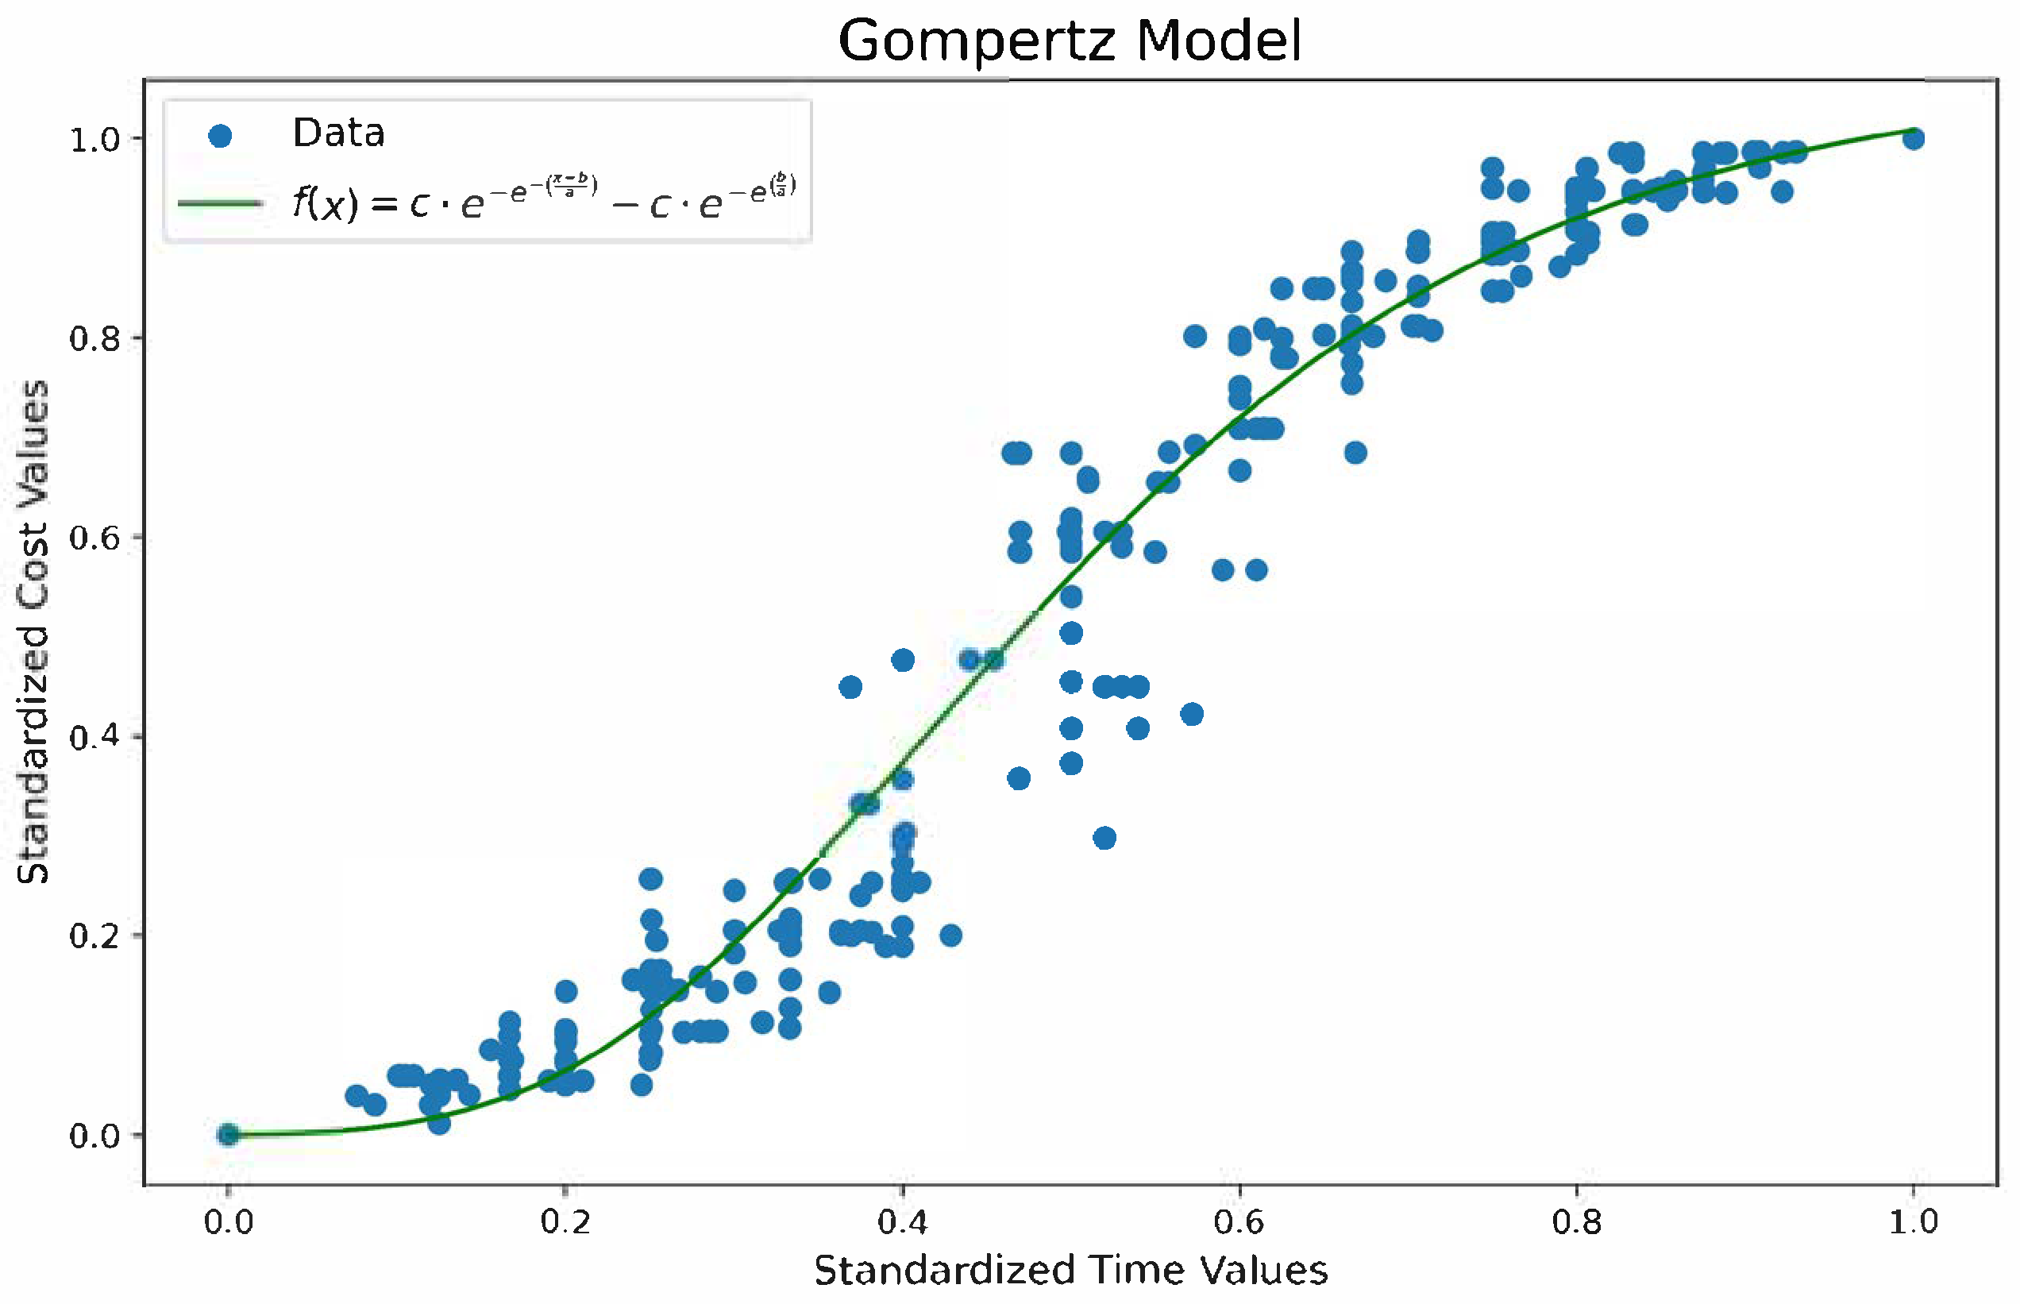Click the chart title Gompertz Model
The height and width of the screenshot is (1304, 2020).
1070,41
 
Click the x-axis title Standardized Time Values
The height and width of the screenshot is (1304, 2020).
1070,1270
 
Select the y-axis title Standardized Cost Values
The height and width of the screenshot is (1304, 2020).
34,631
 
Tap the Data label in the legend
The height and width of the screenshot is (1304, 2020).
338,133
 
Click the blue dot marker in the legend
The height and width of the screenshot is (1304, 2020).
220,136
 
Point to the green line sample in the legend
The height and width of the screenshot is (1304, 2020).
220,203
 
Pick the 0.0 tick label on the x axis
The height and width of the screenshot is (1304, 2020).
228,1223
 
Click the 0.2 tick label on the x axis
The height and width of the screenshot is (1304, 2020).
565,1223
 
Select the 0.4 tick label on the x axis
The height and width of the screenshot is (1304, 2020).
902,1223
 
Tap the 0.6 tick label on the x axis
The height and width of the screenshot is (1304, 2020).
1239,1223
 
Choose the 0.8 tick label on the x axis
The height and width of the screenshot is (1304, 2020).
1576,1223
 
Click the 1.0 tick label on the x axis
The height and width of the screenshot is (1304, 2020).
1914,1223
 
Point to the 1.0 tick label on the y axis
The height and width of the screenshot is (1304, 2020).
94,140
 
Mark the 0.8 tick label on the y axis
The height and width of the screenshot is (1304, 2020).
94,338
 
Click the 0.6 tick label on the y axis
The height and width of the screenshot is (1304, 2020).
94,538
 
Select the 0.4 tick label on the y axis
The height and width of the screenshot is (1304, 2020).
94,737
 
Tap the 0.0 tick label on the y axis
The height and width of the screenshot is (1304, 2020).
94,1136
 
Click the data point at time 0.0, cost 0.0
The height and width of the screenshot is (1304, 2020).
228,1135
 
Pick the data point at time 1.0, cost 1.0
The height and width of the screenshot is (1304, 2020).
1914,138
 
